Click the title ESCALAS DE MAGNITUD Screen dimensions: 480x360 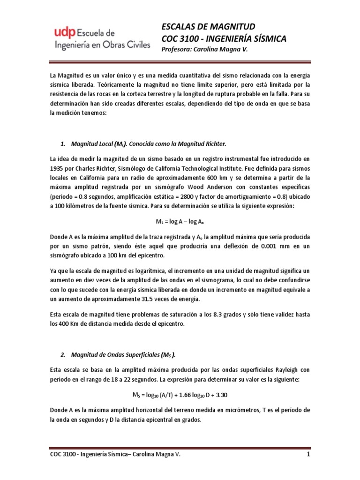pyautogui.click(x=208, y=26)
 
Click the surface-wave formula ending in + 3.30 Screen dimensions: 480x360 pyautogui.click(x=180, y=394)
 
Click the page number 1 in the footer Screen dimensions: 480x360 pyautogui.click(x=308, y=455)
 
